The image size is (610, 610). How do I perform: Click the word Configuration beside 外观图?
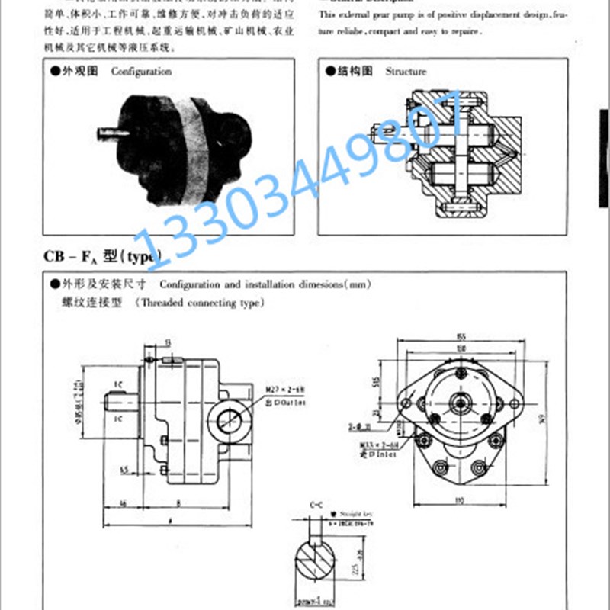tap(141, 72)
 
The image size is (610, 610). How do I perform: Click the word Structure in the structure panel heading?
tap(406, 72)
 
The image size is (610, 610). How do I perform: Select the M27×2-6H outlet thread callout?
tap(283, 390)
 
